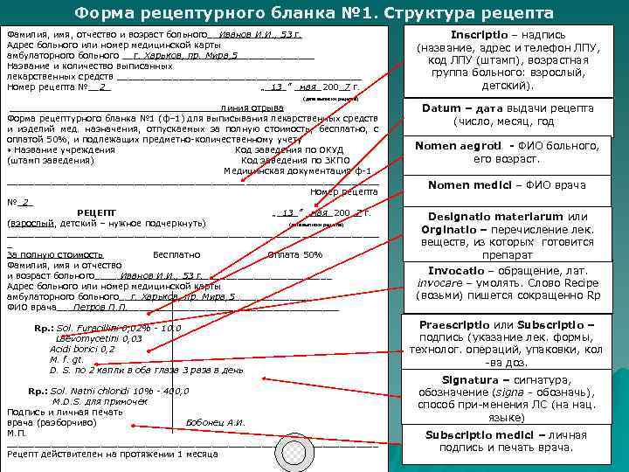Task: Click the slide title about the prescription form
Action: tap(314, 13)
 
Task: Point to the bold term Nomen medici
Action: tap(462, 184)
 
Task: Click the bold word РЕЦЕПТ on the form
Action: tap(96, 212)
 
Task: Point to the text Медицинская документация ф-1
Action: tap(297, 170)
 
